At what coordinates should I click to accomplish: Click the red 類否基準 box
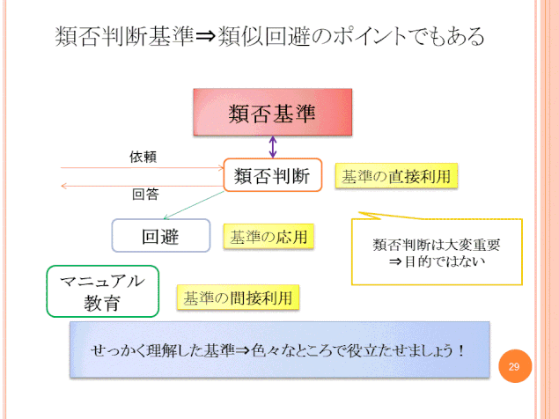(x=273, y=112)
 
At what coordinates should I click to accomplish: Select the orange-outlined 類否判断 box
(x=273, y=175)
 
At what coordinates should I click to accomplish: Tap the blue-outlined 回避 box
(x=161, y=236)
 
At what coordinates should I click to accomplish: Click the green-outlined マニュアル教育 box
(x=103, y=291)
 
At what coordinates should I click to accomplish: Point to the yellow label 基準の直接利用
(x=396, y=176)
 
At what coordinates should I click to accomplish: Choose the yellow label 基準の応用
(x=268, y=237)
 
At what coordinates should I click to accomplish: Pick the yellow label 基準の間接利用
(x=238, y=298)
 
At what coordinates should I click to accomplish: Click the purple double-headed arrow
(x=273, y=147)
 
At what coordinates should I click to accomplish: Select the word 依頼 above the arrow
(x=143, y=157)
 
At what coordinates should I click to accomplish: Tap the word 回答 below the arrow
(x=145, y=195)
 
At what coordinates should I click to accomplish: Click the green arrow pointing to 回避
(x=194, y=205)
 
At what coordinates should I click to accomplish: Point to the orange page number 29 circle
(x=515, y=366)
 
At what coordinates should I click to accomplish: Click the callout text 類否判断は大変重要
(x=437, y=245)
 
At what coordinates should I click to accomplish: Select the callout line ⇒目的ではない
(x=437, y=261)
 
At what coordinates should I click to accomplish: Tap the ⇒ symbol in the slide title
(x=206, y=36)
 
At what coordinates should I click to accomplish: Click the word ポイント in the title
(x=370, y=36)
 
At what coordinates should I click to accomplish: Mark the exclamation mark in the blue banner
(x=461, y=350)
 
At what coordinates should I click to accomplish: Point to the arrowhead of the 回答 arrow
(x=63, y=186)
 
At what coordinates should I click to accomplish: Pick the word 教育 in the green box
(x=101, y=303)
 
